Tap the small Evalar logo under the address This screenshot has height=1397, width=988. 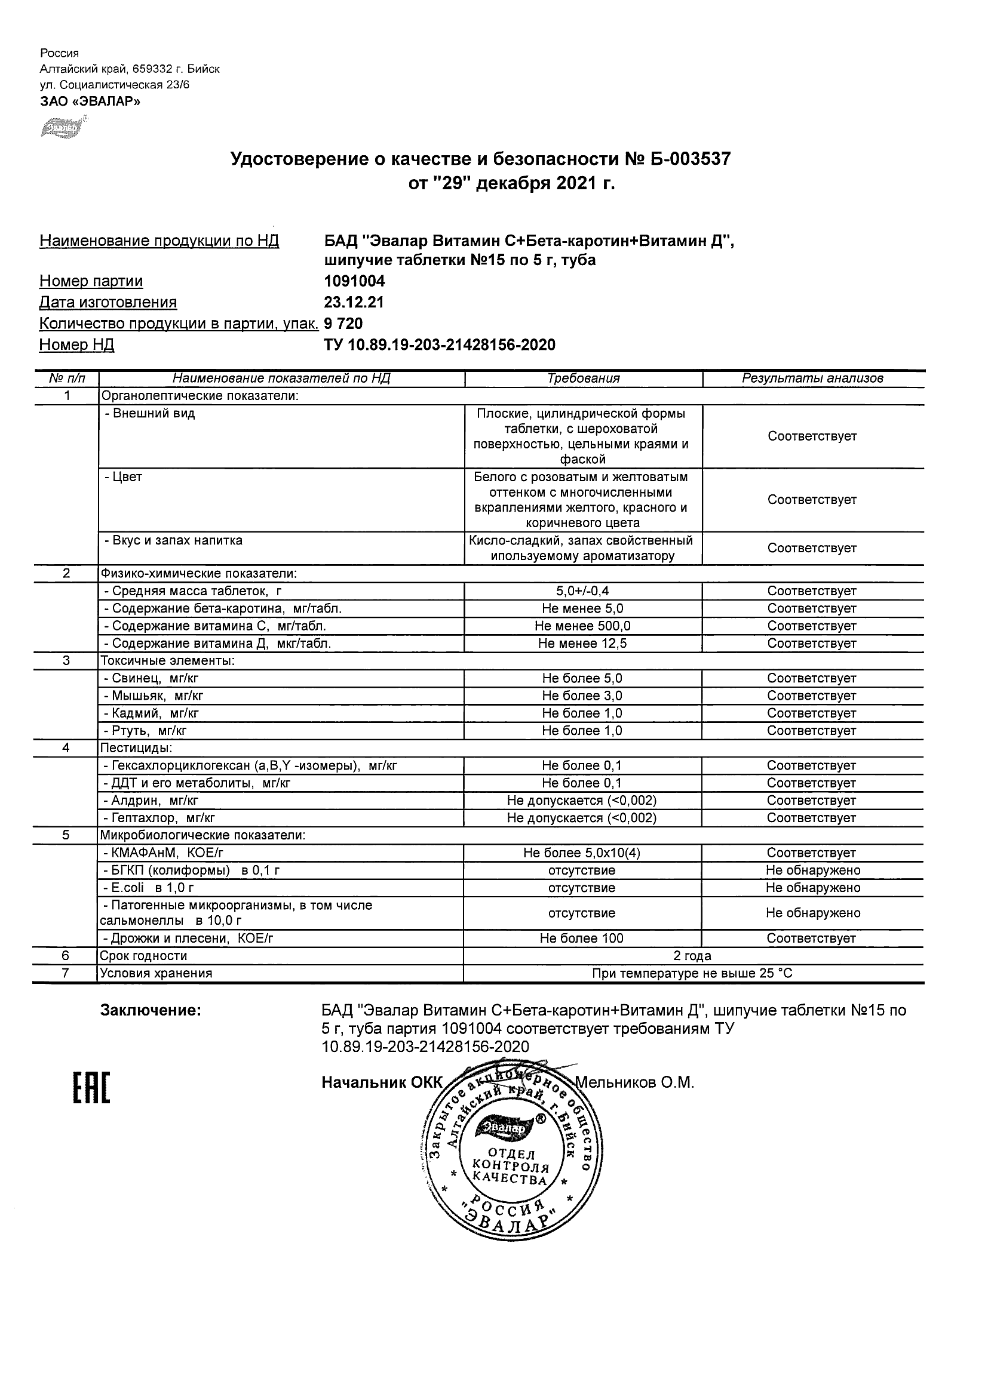[x=62, y=128]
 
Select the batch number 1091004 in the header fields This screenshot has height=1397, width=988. [x=354, y=281]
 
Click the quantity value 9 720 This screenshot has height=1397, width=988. [x=343, y=324]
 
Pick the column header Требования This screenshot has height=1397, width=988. [x=583, y=379]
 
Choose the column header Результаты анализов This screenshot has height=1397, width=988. [x=812, y=379]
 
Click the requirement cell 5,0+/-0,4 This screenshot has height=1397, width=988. [x=582, y=591]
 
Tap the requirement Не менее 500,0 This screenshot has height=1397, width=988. [x=582, y=626]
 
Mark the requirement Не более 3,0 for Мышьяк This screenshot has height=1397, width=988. [x=582, y=696]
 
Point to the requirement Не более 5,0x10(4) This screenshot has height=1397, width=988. [x=581, y=853]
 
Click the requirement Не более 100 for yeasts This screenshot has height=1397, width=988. [x=581, y=938]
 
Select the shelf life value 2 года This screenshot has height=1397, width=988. [x=693, y=956]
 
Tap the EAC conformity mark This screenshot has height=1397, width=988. [x=91, y=1088]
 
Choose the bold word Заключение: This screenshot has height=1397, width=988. [x=151, y=1011]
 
